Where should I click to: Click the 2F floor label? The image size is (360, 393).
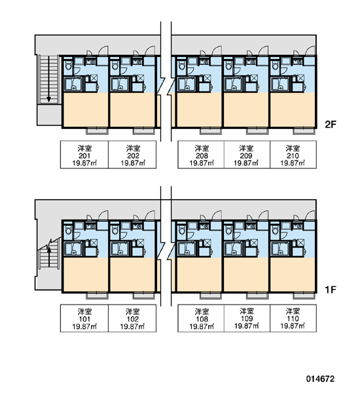(331, 124)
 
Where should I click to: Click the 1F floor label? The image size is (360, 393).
(331, 290)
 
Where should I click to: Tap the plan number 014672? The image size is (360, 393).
(320, 379)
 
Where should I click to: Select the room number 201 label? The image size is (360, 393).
(84, 156)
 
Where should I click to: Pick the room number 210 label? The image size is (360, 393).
(293, 156)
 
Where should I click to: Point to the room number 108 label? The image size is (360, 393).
(202, 319)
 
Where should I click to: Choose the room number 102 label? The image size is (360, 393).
(133, 319)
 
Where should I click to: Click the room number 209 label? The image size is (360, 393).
(246, 156)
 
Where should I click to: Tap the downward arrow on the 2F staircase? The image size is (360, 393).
(49, 79)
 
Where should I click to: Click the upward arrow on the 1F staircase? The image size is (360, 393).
(49, 257)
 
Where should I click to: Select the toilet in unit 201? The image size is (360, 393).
(68, 65)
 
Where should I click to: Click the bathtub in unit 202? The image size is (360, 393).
(120, 84)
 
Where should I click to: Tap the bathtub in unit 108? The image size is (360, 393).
(187, 249)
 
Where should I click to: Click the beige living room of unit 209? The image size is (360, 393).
(246, 110)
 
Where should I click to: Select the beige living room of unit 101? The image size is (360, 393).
(86, 274)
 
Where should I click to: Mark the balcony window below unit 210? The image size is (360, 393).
(304, 131)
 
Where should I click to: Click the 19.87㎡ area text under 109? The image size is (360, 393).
(247, 326)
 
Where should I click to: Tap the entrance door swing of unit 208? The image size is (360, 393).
(217, 50)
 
